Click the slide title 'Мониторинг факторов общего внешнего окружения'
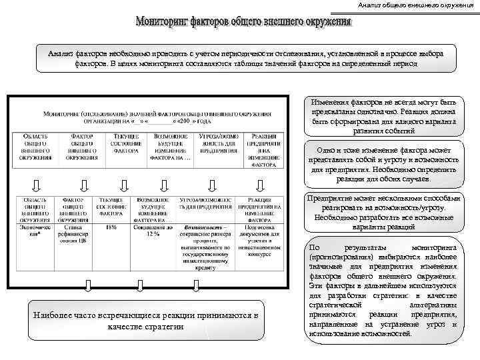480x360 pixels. (244, 23)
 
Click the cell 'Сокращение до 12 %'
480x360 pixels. (153, 231)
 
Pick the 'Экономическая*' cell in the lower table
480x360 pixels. (35, 231)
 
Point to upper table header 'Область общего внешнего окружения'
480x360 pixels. (35, 151)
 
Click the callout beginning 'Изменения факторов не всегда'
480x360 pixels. (382, 117)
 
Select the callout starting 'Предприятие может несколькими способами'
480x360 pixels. (382, 213)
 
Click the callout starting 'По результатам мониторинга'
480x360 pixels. (382, 291)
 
